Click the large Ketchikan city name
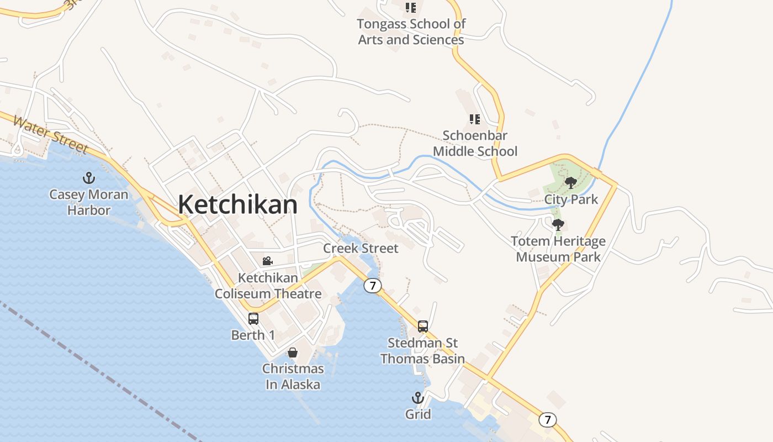pos(237,204)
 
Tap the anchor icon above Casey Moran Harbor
pos(88,178)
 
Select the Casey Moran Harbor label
pos(88,202)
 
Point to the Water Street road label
pos(50,135)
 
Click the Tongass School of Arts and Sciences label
pos(411,32)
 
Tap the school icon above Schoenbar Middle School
pos(474,119)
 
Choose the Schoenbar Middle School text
pos(475,144)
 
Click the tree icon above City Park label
pos(571,183)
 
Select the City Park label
pos(571,199)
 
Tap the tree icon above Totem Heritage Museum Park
pos(558,225)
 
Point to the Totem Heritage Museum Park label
pos(558,249)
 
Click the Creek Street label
pos(361,249)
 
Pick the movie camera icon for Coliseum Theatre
pos(268,261)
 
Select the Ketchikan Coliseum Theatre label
pos(268,286)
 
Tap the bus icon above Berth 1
pos(253,319)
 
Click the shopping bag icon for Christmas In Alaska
pos(293,352)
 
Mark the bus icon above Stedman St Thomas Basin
pos(423,327)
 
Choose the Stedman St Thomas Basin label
pos(422,351)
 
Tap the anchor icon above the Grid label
pos(418,398)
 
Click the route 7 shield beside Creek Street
pos(373,286)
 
